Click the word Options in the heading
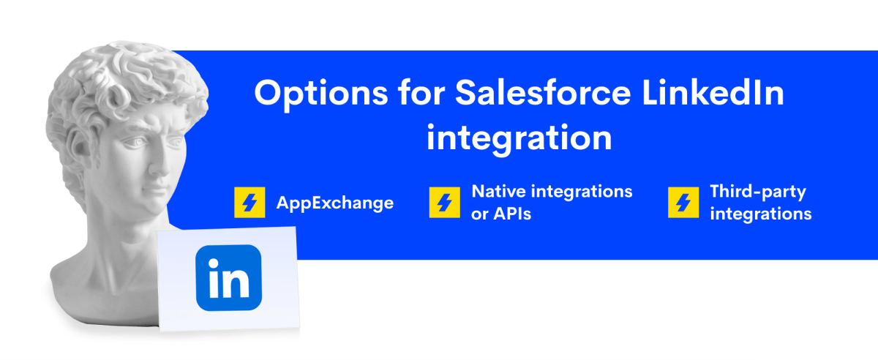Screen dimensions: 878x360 (321, 94)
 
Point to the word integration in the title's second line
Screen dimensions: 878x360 (519, 139)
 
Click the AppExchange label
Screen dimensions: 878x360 (335, 203)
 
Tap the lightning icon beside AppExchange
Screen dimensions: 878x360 (249, 203)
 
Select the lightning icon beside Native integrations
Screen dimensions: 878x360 (445, 203)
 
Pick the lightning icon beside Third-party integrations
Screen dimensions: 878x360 (683, 203)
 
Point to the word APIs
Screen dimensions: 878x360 (512, 214)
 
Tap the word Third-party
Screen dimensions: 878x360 (758, 192)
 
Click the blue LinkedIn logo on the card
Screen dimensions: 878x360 (228, 277)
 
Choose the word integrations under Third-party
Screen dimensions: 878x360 (761, 215)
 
